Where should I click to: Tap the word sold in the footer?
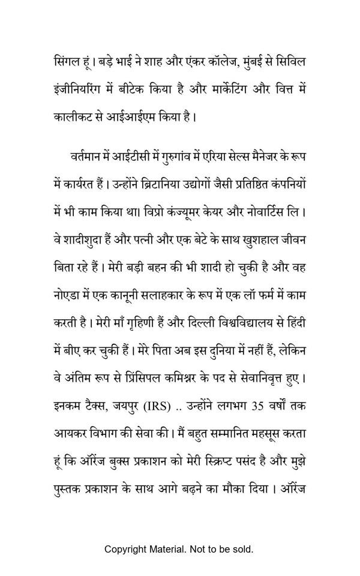[x=242, y=549]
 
